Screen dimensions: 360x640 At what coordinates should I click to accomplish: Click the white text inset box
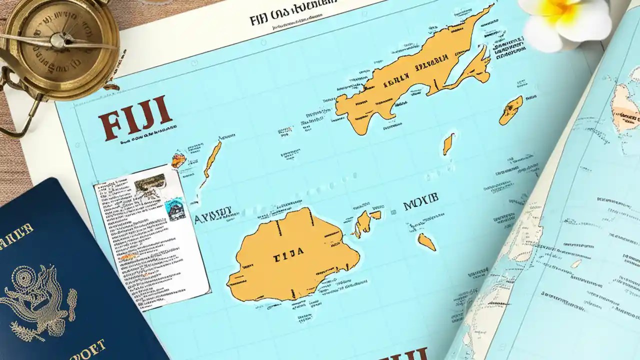tap(150, 235)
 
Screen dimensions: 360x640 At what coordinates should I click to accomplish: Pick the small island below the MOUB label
tap(426, 242)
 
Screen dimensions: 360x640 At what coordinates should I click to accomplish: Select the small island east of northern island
tap(511, 110)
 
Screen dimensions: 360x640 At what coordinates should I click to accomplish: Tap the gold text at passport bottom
tap(85, 348)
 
